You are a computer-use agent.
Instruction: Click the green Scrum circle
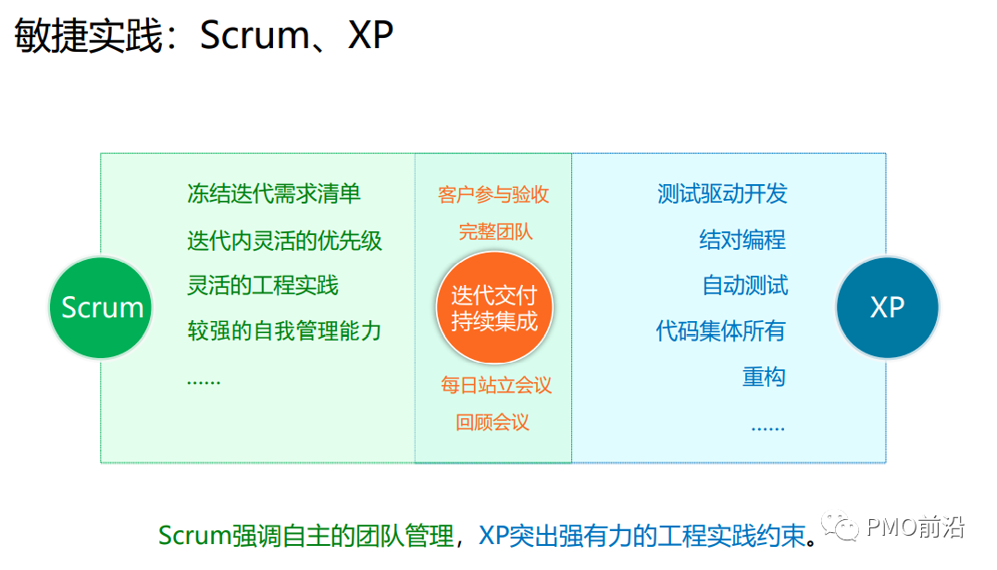pyautogui.click(x=101, y=308)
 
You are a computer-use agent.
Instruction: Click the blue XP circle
pyautogui.click(x=887, y=308)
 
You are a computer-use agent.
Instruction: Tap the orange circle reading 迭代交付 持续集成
pyautogui.click(x=493, y=308)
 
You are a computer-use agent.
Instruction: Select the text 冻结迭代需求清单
pyautogui.click(x=274, y=194)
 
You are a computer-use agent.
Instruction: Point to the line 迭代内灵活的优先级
pyautogui.click(x=284, y=241)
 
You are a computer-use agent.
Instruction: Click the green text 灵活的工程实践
pyautogui.click(x=263, y=286)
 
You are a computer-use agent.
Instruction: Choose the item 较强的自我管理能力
pyautogui.click(x=284, y=331)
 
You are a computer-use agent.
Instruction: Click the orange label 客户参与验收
pyautogui.click(x=493, y=194)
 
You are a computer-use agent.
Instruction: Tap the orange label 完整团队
pyautogui.click(x=495, y=231)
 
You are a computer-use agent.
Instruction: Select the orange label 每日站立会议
pyautogui.click(x=496, y=385)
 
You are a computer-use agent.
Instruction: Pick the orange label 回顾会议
pyautogui.click(x=492, y=423)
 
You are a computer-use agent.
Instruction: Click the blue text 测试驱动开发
pyautogui.click(x=722, y=194)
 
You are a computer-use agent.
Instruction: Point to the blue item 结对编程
pyautogui.click(x=742, y=241)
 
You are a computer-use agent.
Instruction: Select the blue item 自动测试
pyautogui.click(x=745, y=286)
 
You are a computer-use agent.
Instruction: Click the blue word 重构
pyautogui.click(x=764, y=378)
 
